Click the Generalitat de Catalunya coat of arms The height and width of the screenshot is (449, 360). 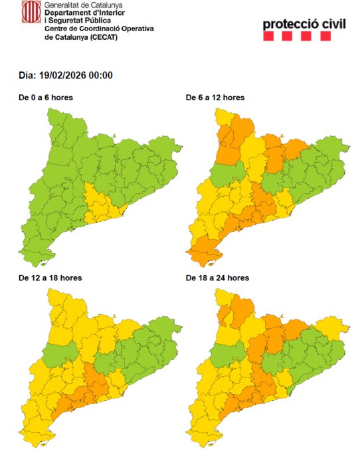30,12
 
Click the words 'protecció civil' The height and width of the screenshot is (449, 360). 305,25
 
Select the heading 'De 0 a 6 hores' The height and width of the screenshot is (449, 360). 46,98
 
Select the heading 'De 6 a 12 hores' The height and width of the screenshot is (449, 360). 215,98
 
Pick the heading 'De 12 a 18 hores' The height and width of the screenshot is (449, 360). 50,278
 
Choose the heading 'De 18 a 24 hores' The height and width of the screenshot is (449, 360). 218,278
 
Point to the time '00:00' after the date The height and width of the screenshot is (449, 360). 101,75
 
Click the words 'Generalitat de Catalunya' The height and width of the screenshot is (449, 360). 80,5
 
